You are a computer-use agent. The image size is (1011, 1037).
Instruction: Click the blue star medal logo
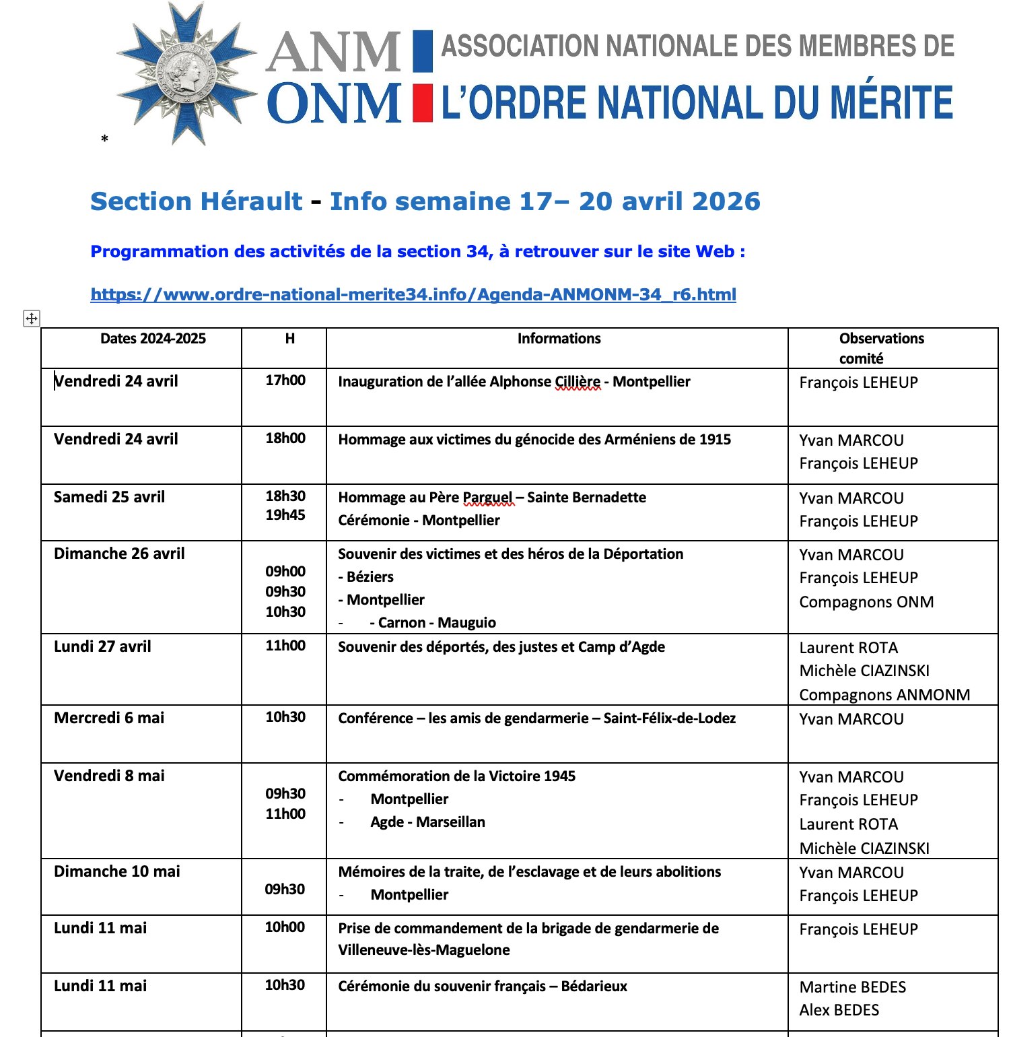click(x=186, y=74)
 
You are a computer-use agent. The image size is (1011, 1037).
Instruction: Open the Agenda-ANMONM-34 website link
click(x=413, y=294)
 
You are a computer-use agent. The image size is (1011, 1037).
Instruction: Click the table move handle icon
click(x=32, y=319)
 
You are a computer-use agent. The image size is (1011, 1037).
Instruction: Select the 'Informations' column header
click(x=558, y=339)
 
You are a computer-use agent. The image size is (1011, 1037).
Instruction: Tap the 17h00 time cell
click(x=285, y=380)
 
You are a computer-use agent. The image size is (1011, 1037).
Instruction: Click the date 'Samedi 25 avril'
click(x=109, y=497)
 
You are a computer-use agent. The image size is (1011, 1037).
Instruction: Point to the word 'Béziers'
click(x=370, y=577)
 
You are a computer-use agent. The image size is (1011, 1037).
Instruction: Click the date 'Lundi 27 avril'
click(x=102, y=646)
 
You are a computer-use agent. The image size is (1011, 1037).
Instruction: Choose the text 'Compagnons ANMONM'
click(x=884, y=695)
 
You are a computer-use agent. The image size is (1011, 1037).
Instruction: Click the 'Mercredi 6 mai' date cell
click(x=109, y=718)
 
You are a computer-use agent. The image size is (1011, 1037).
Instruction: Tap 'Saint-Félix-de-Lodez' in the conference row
click(x=669, y=718)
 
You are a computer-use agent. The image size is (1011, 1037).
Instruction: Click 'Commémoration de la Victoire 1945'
click(x=456, y=776)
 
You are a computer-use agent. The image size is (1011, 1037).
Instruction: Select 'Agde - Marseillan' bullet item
click(x=427, y=822)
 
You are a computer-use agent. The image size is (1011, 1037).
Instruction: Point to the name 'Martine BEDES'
click(x=852, y=987)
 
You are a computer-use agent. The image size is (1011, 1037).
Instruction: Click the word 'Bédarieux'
click(x=594, y=986)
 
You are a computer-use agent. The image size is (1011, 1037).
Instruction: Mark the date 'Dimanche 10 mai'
click(x=117, y=871)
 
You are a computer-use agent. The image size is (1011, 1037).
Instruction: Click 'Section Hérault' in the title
click(x=197, y=201)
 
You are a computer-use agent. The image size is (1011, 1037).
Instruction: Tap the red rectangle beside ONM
click(x=422, y=102)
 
